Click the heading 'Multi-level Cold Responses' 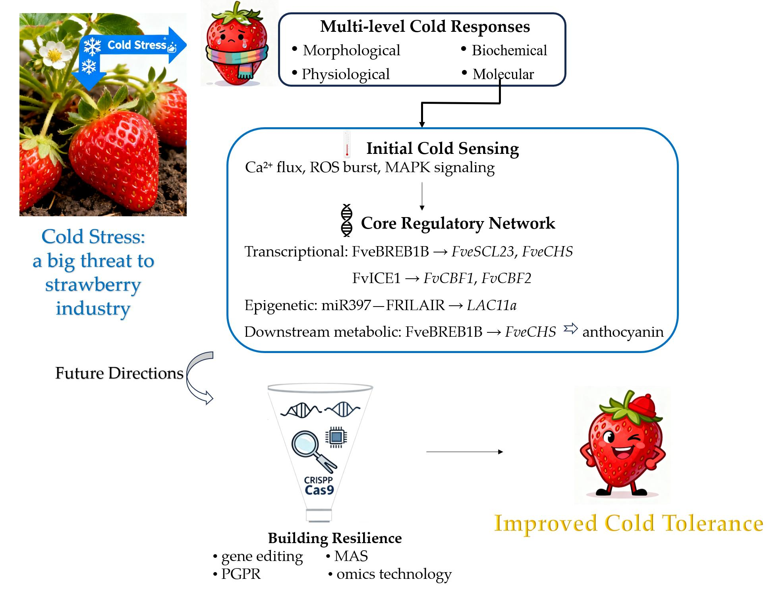tap(425, 27)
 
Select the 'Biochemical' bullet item tap(509, 50)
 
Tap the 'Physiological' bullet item tap(345, 74)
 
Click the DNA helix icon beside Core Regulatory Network tap(346, 221)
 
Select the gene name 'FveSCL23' tap(482, 252)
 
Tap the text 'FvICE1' tap(376, 278)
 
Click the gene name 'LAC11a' tap(491, 305)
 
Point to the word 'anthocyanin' tap(622, 332)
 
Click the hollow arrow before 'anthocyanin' tap(570, 329)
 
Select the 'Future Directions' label tap(119, 373)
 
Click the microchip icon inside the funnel tap(336, 437)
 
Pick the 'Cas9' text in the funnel tap(319, 490)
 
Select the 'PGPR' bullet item tap(241, 574)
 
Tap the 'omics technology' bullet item tap(394, 574)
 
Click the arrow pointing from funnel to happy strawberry tap(464, 452)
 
